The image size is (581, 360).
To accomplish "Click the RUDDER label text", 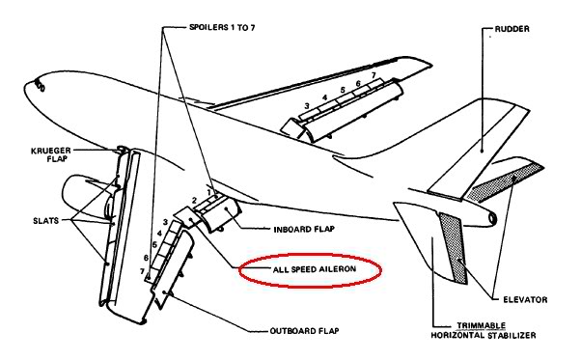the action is point(512,29).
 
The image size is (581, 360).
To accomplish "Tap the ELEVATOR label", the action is point(525,299).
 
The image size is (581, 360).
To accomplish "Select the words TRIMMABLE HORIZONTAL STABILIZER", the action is point(484,331).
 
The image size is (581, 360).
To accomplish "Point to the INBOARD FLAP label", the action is point(304,230).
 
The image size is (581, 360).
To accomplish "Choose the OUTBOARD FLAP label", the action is point(304,331).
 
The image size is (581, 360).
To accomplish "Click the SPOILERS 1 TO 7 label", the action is point(222,27).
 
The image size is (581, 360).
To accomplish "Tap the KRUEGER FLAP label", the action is point(51,154).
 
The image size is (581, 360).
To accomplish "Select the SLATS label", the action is point(46,221).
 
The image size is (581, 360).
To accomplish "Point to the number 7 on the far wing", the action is point(373,75).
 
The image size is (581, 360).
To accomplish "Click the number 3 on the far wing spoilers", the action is point(307,106).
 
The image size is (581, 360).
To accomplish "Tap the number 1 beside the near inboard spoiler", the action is point(209,192).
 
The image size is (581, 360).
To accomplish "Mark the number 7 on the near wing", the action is point(142,271).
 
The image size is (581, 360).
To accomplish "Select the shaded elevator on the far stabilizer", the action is point(505,181).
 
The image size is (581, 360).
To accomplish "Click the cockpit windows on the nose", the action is point(40,86).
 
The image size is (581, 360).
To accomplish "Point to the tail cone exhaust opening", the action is point(493,219).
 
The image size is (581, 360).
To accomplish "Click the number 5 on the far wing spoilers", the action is point(343,90).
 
